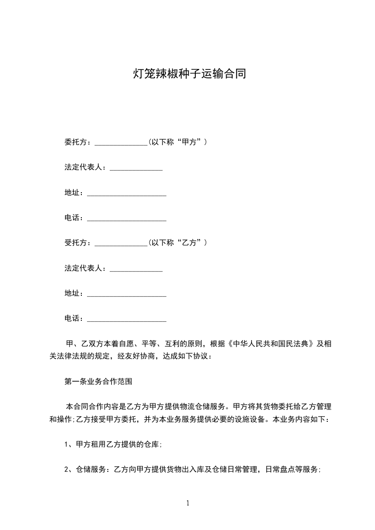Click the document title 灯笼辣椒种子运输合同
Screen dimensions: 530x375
tap(189, 74)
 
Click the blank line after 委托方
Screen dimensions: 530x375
tap(122, 143)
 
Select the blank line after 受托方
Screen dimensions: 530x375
tap(122, 244)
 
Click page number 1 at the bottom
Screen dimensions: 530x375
tap(188, 504)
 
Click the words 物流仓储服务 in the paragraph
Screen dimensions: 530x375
tap(199, 407)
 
